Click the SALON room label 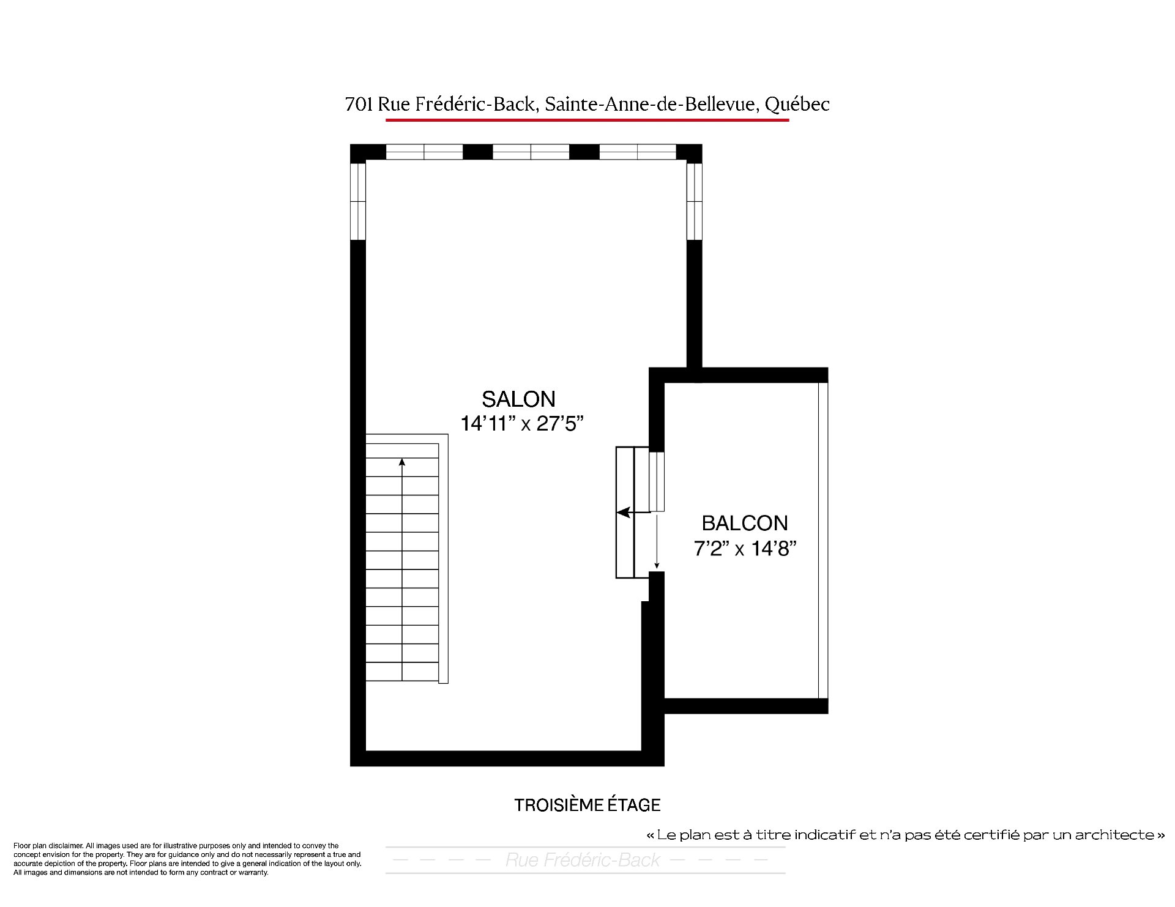coord(518,399)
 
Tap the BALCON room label coord(744,523)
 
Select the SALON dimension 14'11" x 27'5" coord(522,424)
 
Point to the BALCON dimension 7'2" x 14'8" coord(745,549)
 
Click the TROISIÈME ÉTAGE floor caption coord(587,805)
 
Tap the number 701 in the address coord(359,105)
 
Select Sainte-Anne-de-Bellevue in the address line coord(652,105)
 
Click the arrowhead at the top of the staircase coord(402,462)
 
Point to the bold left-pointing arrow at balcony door coord(624,513)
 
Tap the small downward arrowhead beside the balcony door coord(657,566)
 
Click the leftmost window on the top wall coord(424,152)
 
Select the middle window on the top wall coord(531,152)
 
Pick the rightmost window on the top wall coord(637,152)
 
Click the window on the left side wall coord(358,201)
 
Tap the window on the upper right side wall coord(694,201)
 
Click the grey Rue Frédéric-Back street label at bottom coord(583,860)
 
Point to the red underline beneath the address coord(587,120)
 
